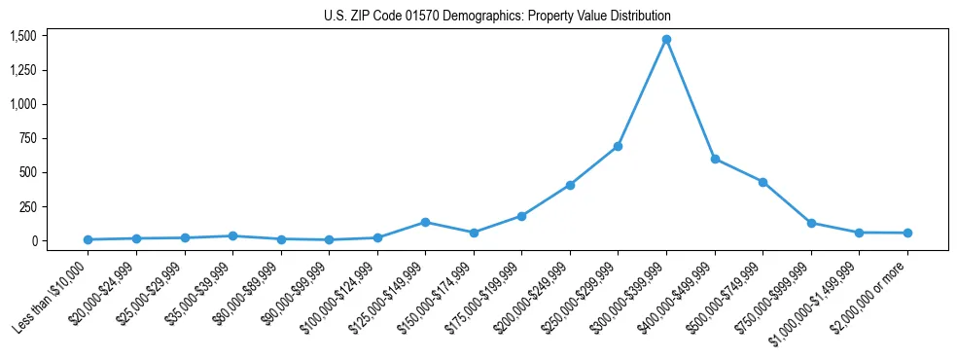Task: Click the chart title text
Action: click(x=497, y=17)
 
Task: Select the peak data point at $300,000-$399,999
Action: click(x=666, y=39)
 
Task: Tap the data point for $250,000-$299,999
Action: click(x=618, y=146)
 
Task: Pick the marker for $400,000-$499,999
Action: click(x=715, y=159)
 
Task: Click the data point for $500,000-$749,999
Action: click(x=762, y=182)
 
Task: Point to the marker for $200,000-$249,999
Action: click(x=570, y=185)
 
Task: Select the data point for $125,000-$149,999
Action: click(x=425, y=222)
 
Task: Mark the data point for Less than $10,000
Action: click(x=89, y=239)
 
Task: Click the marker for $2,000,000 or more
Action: click(x=906, y=233)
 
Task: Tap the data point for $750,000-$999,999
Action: click(x=811, y=223)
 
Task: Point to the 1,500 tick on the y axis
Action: click(x=22, y=36)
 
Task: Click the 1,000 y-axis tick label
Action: click(x=22, y=104)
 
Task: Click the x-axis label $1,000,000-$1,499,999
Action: click(x=815, y=296)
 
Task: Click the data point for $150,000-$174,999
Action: click(x=474, y=233)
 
